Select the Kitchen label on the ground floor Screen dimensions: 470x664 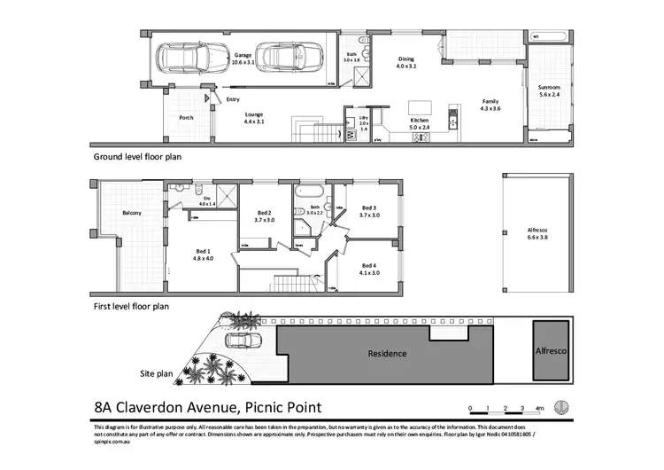(x=419, y=121)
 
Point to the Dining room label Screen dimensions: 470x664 (x=405, y=62)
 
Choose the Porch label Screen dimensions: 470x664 (x=186, y=117)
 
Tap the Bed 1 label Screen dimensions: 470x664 (x=205, y=254)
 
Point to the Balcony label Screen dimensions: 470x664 (x=133, y=212)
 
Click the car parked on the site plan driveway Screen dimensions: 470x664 (x=238, y=342)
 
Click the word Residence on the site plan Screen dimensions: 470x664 (x=387, y=353)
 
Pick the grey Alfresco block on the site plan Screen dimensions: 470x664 (x=550, y=351)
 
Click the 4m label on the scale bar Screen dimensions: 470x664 (x=539, y=409)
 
